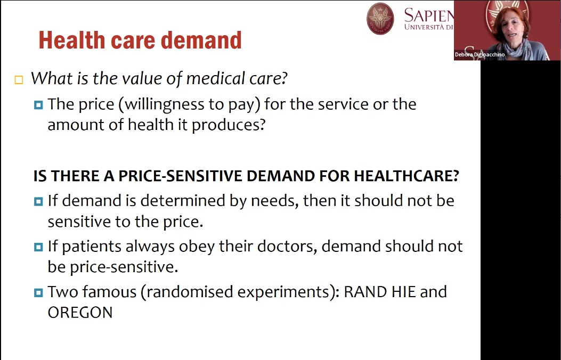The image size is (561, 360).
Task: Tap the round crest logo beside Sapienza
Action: point(380,19)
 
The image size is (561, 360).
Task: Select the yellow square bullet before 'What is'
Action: point(19,79)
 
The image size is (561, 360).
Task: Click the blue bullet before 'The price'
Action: point(38,105)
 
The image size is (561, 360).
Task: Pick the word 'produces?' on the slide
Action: point(229,125)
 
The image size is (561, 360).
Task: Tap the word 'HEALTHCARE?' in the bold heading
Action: point(406,176)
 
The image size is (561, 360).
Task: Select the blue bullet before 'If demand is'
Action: point(38,201)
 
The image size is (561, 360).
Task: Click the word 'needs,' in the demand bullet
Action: point(275,201)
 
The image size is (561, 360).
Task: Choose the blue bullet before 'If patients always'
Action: point(38,247)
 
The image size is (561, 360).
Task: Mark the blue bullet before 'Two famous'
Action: point(38,293)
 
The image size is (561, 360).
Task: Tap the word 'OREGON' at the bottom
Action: point(80,313)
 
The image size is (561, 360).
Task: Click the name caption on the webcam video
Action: point(480,55)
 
